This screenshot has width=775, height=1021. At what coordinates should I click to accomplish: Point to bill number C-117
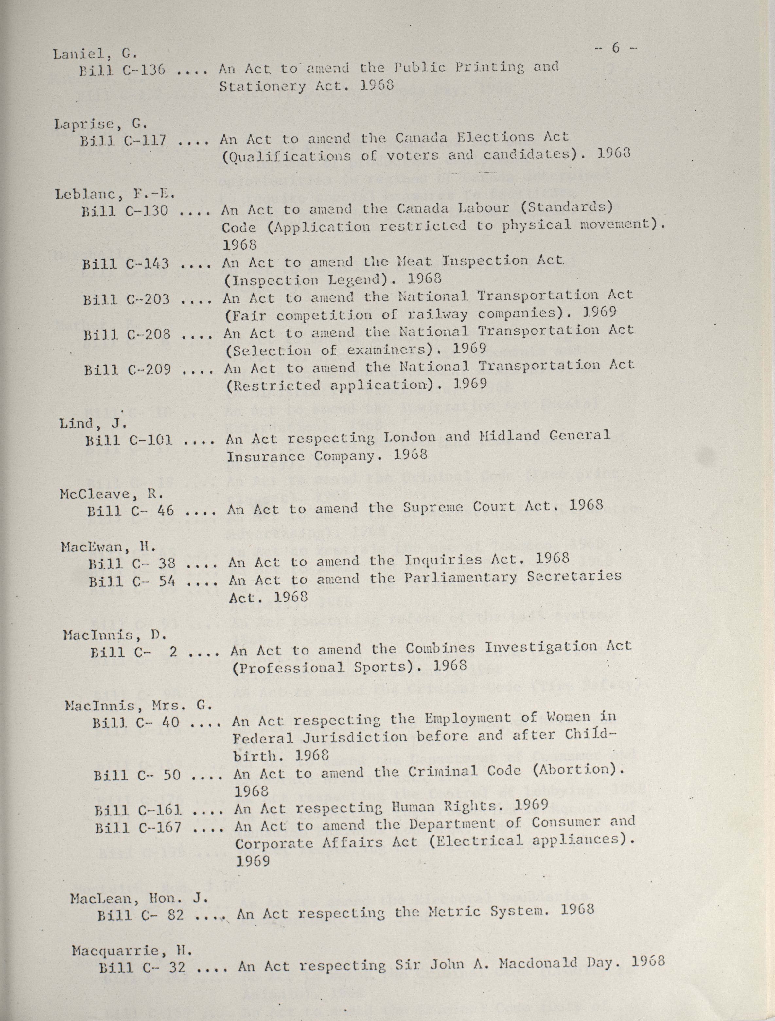click(146, 140)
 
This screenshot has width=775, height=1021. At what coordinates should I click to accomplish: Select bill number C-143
click(148, 264)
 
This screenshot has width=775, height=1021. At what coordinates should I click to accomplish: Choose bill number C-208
click(149, 334)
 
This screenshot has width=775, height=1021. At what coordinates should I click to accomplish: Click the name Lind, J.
click(93, 423)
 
